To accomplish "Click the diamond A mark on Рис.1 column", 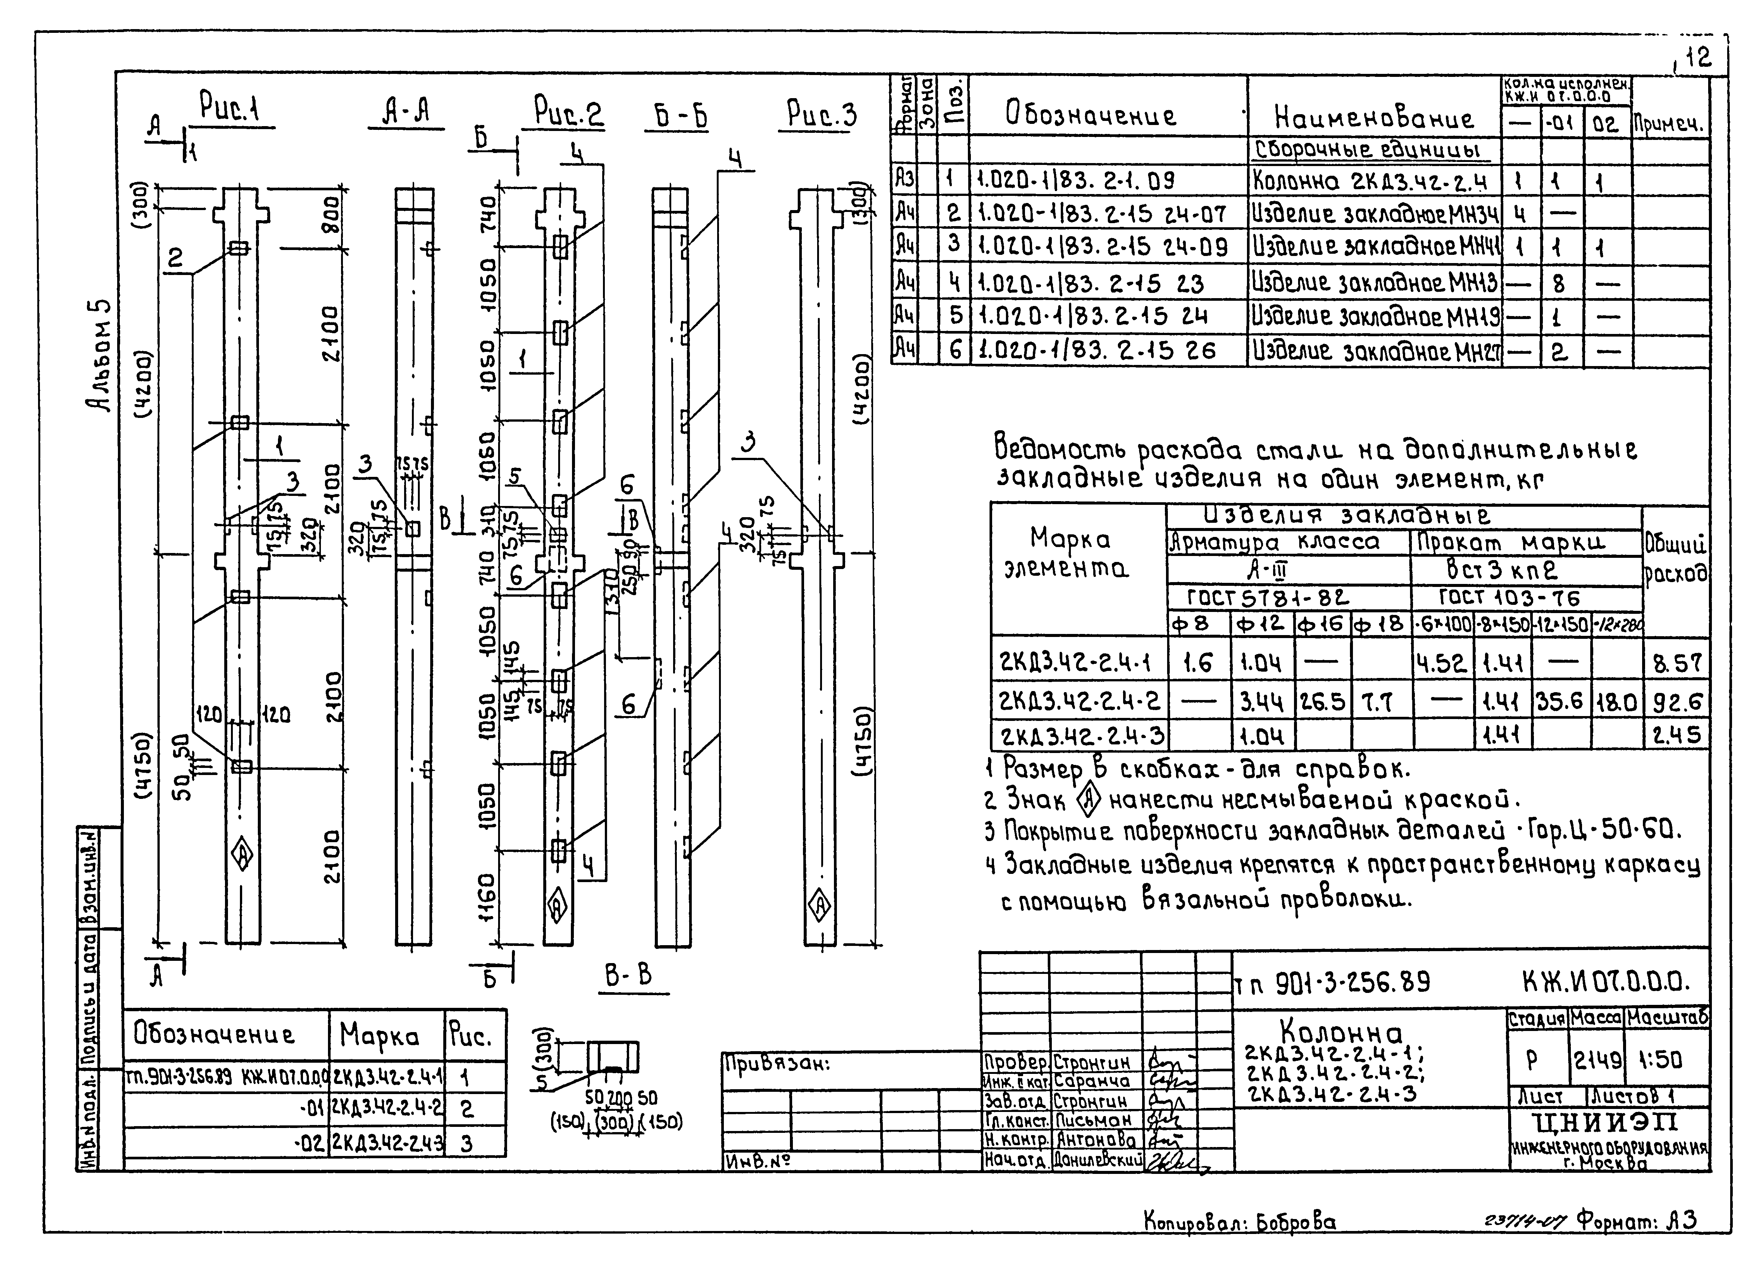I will tap(243, 855).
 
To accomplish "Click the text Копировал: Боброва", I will tap(1239, 1223).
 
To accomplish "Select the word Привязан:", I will tap(776, 1063).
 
